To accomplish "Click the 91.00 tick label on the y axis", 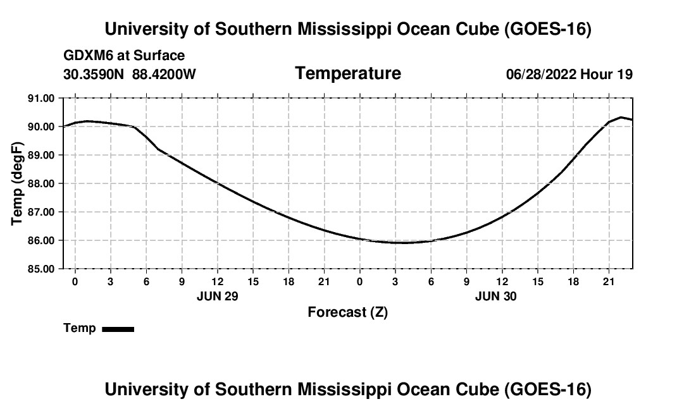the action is click(x=41, y=98).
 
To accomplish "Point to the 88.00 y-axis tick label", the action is click(x=41, y=183).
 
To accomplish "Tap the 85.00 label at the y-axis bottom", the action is click(x=41, y=269).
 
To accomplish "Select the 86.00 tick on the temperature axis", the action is click(x=41, y=241).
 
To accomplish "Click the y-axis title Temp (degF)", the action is click(x=17, y=183).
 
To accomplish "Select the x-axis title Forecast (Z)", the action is click(x=348, y=312).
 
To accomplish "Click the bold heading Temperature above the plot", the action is click(x=348, y=73).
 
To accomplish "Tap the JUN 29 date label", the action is click(x=218, y=297).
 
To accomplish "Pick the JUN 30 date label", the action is click(x=496, y=297).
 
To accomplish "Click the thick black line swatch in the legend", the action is click(x=118, y=329).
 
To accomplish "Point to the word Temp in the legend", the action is click(x=80, y=328).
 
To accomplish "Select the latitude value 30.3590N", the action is click(x=94, y=74).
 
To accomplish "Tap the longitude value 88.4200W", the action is click(x=164, y=74).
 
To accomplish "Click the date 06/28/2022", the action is click(x=541, y=74).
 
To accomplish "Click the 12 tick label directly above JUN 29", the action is click(x=218, y=281).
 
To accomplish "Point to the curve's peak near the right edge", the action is click(x=621, y=118).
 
